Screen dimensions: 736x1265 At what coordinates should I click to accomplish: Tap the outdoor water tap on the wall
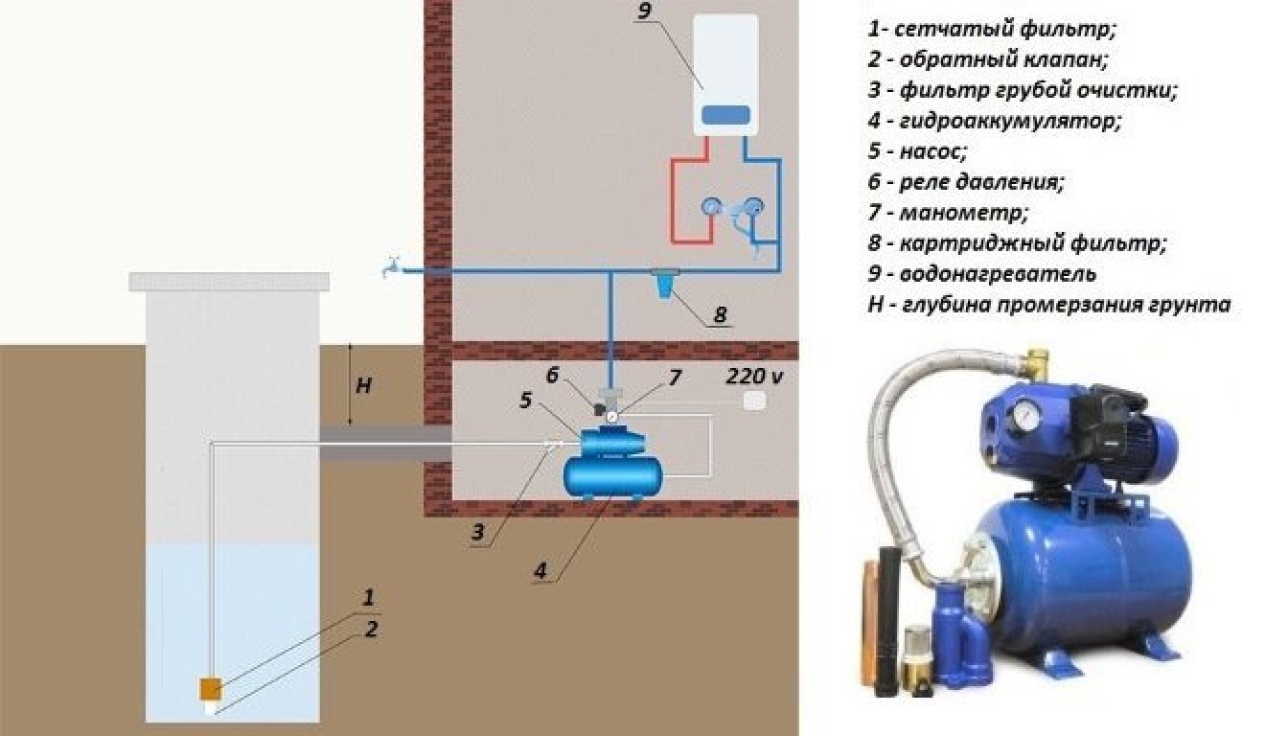tap(391, 268)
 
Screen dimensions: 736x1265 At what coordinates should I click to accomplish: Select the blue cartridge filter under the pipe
tap(663, 283)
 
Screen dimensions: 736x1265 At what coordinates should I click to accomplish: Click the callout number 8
tap(720, 313)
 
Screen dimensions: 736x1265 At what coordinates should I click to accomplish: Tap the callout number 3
tap(477, 533)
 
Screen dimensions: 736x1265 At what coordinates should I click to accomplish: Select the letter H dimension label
tap(363, 386)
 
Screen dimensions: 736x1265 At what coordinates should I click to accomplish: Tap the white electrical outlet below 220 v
tap(756, 402)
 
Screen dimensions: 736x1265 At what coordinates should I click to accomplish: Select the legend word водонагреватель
tap(999, 274)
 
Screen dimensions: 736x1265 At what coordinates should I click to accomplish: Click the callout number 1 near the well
tap(367, 598)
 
